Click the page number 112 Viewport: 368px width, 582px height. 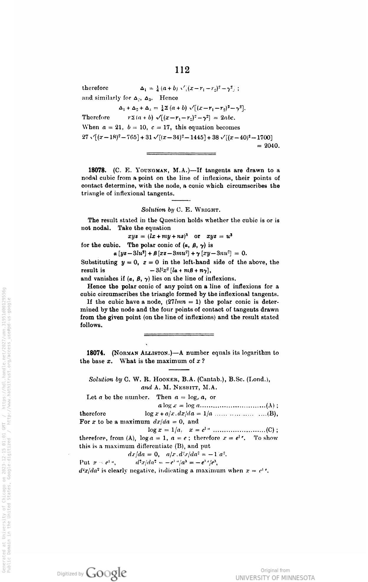[x=182, y=70]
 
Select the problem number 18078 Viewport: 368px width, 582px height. [x=98, y=170]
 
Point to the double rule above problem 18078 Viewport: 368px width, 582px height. [x=181, y=154]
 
